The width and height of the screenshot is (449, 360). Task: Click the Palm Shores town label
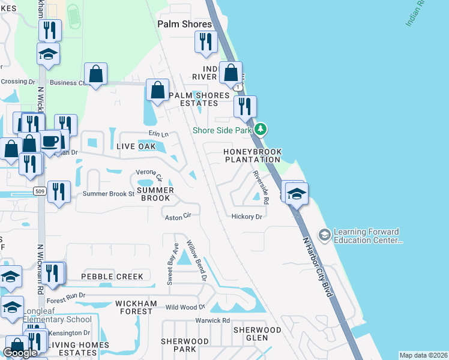point(184,24)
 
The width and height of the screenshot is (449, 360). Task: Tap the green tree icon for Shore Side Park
point(260,129)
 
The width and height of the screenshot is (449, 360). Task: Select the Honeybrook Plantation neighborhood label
point(252,156)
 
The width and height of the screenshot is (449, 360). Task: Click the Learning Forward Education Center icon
point(325,234)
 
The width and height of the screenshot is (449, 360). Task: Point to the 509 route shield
point(40,191)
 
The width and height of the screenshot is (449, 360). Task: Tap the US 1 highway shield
point(240,88)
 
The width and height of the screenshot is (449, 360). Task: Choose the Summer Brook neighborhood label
point(155,194)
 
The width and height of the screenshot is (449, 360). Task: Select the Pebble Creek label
point(112,277)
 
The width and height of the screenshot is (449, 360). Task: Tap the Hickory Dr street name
point(247,217)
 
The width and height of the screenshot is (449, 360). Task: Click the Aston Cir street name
point(178,215)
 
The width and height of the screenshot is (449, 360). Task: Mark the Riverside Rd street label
point(260,187)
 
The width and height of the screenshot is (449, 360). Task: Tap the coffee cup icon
point(51,142)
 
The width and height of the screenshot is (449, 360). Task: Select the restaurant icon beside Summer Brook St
point(58,191)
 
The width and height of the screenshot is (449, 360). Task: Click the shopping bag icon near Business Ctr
point(95,74)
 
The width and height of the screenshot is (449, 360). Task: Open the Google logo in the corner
point(20,353)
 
